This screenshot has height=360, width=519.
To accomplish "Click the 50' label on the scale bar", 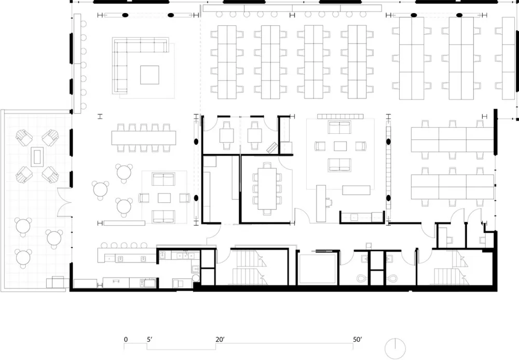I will click(358, 340).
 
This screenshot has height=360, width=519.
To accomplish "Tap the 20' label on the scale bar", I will click(220, 340).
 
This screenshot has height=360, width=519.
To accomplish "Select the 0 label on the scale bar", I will click(126, 340).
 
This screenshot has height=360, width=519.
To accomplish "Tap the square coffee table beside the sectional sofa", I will click(149, 75).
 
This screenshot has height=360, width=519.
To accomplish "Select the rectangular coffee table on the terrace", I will click(37, 156).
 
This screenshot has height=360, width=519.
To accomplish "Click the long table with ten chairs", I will click(143, 137).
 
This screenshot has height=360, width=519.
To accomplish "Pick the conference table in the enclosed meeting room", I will click(267, 186).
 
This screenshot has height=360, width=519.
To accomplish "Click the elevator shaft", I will click(318, 268).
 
